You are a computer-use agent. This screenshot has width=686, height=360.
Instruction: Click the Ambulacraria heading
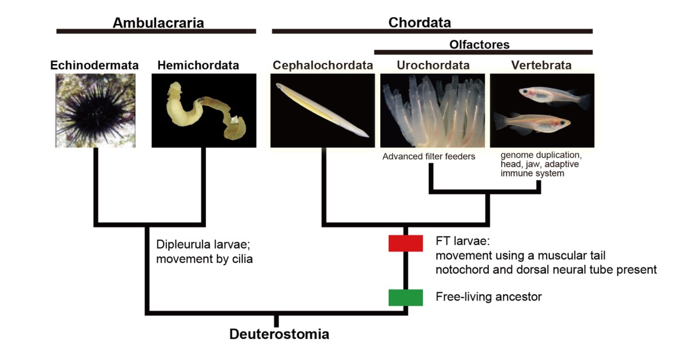click(x=158, y=23)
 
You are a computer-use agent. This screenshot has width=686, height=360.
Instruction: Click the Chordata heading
click(x=420, y=23)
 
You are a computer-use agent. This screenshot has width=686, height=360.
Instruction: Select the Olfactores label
click(x=479, y=45)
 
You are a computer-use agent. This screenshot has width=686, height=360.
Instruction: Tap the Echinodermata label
click(x=95, y=66)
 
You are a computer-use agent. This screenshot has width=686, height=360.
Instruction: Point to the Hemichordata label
click(x=198, y=66)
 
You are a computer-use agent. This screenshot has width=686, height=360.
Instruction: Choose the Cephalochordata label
click(x=322, y=66)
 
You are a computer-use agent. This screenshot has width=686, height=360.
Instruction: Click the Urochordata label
click(x=433, y=66)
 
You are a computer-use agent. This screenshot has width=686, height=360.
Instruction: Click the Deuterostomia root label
click(x=279, y=334)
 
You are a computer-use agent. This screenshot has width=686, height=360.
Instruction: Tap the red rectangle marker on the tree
click(x=405, y=243)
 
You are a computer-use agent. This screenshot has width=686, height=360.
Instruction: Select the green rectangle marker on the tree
click(x=405, y=297)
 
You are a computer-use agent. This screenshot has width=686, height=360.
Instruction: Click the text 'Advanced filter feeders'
click(x=429, y=157)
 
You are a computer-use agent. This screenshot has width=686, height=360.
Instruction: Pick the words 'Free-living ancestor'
click(x=488, y=297)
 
